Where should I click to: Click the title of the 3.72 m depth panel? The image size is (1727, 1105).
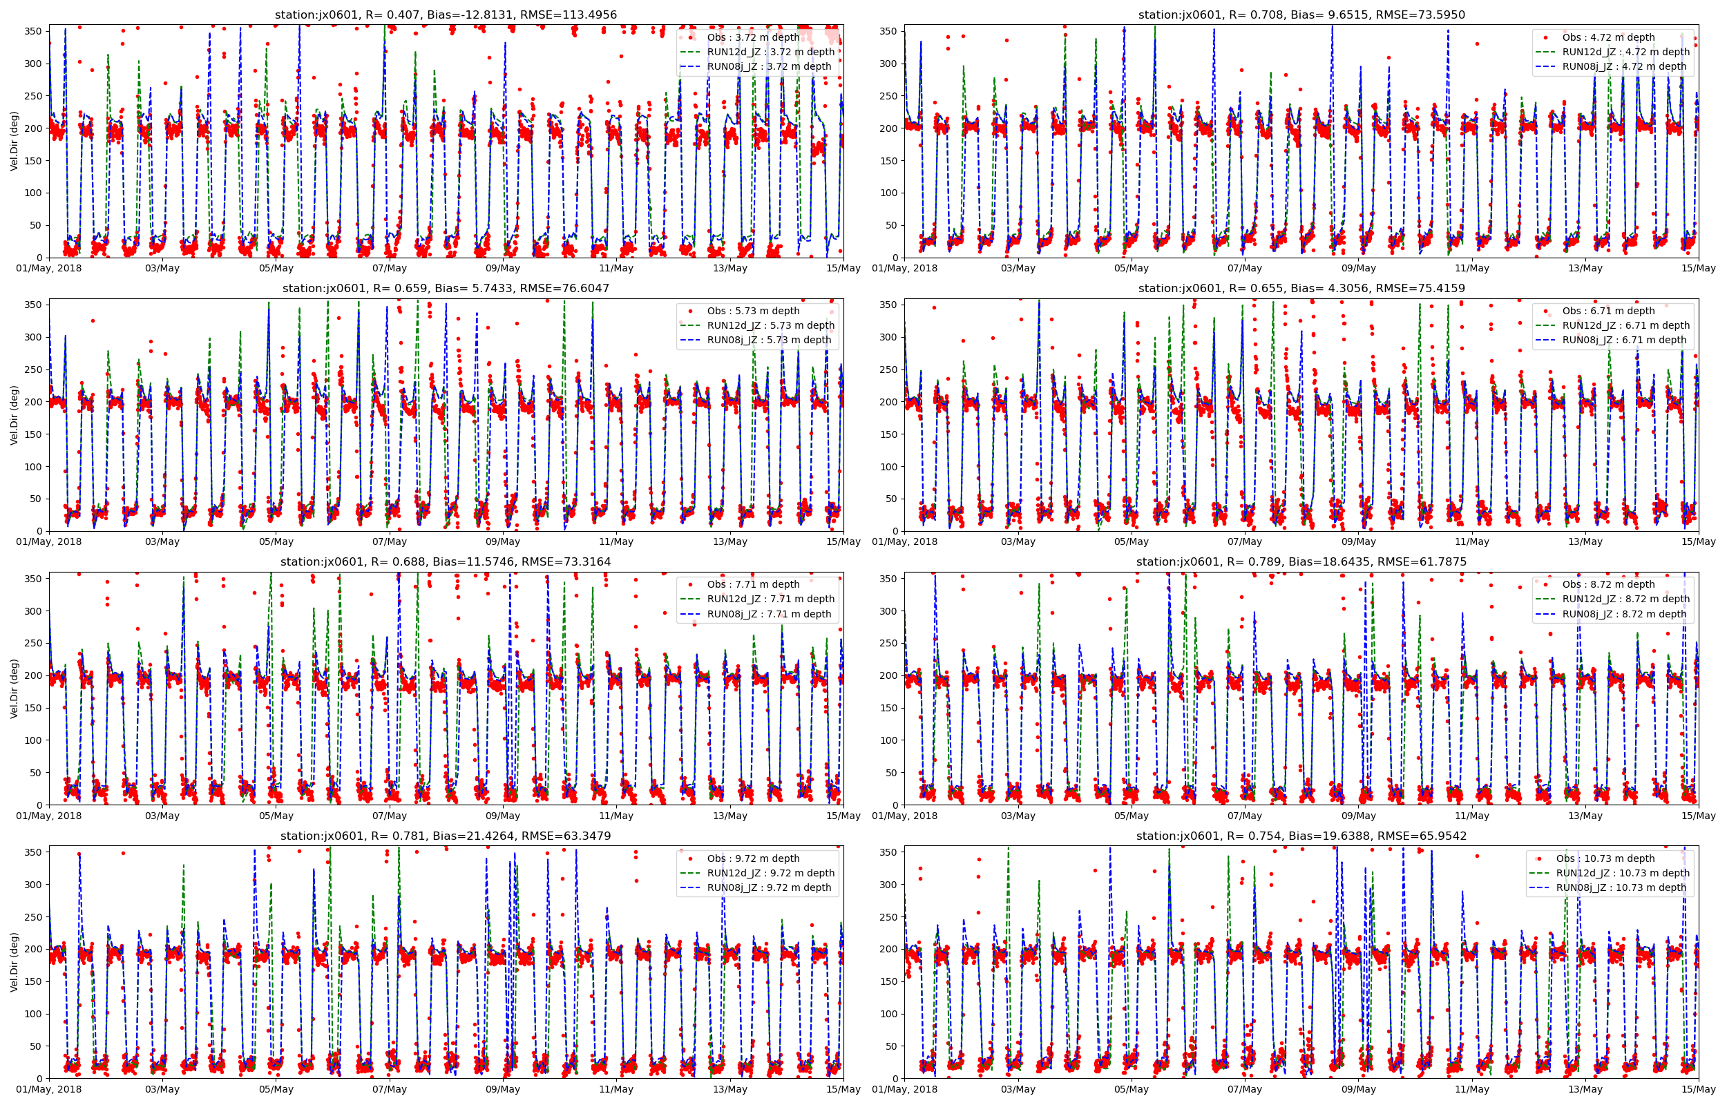446,15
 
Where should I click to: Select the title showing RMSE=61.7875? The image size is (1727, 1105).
1301,562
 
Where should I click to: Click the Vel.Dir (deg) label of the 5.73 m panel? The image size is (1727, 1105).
15,415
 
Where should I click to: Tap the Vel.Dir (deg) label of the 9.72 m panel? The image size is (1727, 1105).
15,961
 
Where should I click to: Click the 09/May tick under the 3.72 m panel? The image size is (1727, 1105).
502,269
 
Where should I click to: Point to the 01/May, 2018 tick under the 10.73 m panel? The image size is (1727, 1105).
904,1089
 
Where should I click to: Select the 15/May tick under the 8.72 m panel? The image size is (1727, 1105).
1698,816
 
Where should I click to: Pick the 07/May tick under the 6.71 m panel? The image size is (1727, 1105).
1244,541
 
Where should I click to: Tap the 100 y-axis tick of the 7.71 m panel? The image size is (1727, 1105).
33,740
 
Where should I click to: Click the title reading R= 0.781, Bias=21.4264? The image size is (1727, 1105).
446,836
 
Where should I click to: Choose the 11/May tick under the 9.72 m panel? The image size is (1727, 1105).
616,1089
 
